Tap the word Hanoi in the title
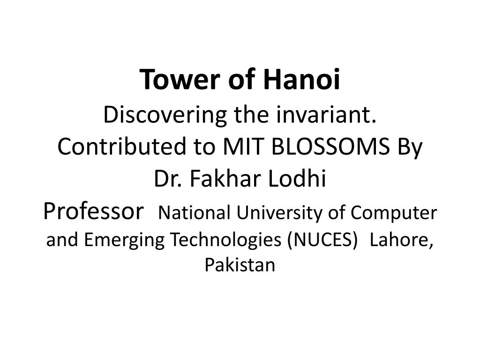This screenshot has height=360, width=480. coord(301,79)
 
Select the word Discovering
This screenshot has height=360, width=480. coord(165,116)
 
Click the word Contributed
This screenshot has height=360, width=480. coord(121,146)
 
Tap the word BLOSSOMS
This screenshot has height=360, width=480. coord(330,146)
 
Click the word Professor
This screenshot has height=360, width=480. coord(93,211)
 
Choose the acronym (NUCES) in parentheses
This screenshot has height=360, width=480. coord(322,240)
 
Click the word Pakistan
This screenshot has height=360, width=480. coord(240,265)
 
